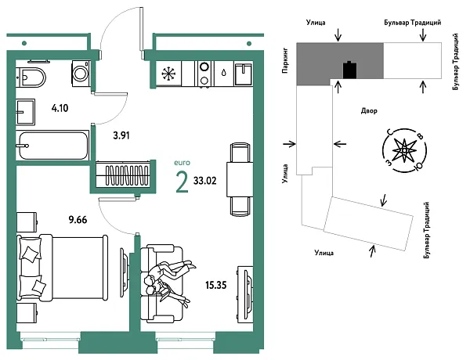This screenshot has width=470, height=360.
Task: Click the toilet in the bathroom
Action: [31, 77]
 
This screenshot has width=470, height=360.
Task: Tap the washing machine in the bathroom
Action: [81, 72]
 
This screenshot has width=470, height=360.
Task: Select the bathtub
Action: [52, 146]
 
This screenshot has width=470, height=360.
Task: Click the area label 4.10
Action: [60, 108]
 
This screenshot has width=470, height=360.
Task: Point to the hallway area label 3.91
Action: [121, 135]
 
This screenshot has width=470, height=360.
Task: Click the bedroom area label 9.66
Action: [78, 220]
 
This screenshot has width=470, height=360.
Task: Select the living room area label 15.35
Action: [216, 285]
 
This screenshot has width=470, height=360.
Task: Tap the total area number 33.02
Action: [205, 181]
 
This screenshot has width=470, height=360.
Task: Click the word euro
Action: [182, 163]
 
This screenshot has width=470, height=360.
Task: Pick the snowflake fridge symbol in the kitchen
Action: [169, 74]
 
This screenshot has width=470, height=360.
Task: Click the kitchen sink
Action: [244, 74]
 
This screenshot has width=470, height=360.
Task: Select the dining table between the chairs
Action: [239, 179]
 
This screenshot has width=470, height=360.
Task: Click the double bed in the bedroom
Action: [63, 268]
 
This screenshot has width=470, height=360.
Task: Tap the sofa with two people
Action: [161, 283]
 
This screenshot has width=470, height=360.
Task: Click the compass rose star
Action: [404, 149]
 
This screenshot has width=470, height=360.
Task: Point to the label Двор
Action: [369, 111]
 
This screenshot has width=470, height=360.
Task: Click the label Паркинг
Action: [285, 60]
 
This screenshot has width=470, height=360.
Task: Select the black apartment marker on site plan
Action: [350, 70]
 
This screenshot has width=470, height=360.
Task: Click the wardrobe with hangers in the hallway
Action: [123, 175]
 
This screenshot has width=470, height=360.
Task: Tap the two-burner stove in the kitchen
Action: [204, 74]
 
